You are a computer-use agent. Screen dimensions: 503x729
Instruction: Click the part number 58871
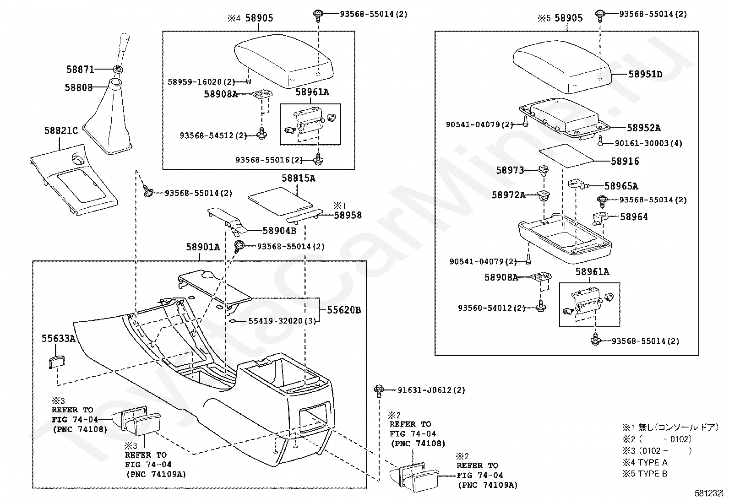[80, 70]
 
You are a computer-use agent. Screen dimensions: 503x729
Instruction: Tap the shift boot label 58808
[78, 87]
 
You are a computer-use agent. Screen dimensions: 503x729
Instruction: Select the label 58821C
[61, 130]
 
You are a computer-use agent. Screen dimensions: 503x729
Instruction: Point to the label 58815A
[298, 178]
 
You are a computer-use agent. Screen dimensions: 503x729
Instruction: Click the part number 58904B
[279, 231]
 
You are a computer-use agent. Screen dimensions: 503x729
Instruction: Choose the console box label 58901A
[203, 247]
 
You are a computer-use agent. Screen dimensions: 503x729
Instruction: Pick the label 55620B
[343, 310]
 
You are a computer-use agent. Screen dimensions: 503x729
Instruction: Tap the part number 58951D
[645, 74]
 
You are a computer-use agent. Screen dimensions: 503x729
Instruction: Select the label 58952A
[643, 128]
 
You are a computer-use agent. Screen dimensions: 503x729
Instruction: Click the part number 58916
[625, 161]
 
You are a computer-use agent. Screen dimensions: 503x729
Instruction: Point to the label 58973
[510, 170]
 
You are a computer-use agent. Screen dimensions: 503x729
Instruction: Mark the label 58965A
[621, 186]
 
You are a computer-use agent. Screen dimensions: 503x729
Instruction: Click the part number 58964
[634, 216]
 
